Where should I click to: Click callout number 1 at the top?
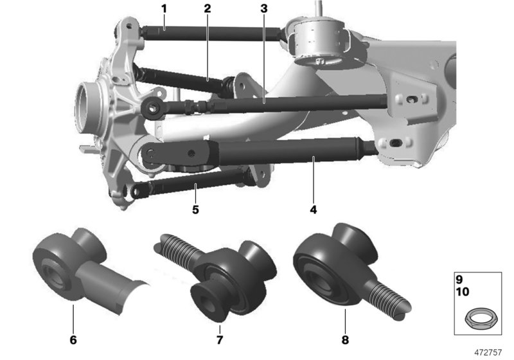[164, 9]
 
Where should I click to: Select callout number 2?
[207, 9]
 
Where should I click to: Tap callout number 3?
[264, 9]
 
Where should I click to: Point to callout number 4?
[314, 209]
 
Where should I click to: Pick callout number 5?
[195, 209]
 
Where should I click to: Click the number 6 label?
[73, 339]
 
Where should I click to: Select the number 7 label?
[220, 339]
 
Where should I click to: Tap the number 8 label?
[345, 339]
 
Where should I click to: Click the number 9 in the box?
[459, 280]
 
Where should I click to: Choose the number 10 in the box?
[463, 291]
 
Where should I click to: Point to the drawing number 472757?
[488, 352]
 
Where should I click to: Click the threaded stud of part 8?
[389, 298]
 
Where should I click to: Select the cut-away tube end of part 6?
[131, 296]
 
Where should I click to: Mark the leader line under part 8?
[345, 321]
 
